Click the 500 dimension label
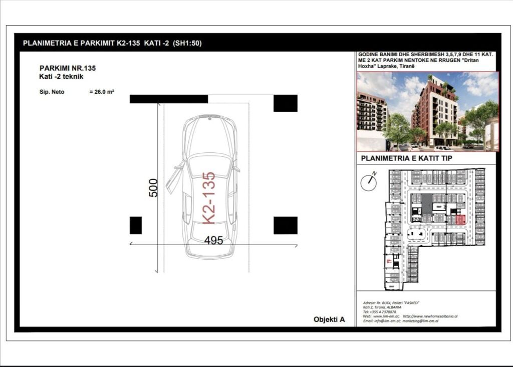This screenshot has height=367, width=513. (154, 188)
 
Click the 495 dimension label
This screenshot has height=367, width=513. (213, 240)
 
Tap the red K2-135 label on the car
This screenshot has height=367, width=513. (208, 198)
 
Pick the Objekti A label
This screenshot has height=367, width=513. (329, 319)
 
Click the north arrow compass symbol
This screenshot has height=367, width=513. (369, 182)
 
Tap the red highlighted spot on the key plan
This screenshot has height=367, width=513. (460, 219)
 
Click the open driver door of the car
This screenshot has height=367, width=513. (174, 178)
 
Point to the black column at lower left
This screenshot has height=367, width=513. (136, 225)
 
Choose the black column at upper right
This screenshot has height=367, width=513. (285, 103)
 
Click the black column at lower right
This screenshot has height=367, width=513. (285, 225)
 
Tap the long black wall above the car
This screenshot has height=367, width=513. (168, 99)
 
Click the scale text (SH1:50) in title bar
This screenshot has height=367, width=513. (187, 44)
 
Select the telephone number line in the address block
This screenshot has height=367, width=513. (379, 312)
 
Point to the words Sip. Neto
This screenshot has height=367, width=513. (52, 92)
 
